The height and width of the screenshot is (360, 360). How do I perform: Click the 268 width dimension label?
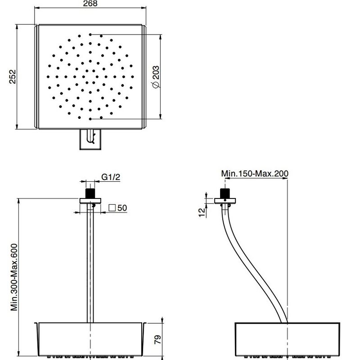90,4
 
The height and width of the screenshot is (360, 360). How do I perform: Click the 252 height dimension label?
13,76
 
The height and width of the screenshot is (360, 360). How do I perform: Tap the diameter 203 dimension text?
156,76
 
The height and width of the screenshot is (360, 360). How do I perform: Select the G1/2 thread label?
111,177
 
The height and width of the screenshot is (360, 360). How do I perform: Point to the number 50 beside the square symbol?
122,208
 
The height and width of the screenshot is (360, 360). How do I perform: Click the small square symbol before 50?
112,207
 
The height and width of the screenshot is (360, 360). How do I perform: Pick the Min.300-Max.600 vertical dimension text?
14,277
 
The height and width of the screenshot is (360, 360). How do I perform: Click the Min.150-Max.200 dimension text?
255,173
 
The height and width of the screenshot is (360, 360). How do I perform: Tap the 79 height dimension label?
158,339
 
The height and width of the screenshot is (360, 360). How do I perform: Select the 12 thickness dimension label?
202,212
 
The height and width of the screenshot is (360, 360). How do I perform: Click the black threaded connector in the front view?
90,193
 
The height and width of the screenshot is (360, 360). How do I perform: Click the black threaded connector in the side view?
225,193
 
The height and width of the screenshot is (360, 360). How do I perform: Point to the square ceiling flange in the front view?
90,201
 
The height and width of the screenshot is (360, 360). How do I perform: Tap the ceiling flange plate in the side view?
225,201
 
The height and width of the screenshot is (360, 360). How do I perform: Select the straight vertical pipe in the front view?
90,263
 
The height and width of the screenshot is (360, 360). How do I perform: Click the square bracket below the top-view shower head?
90,139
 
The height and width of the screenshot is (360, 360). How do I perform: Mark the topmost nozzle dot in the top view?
90,35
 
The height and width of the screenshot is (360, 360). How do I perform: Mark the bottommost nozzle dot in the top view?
90,119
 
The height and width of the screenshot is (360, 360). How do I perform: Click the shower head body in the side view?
288,339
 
